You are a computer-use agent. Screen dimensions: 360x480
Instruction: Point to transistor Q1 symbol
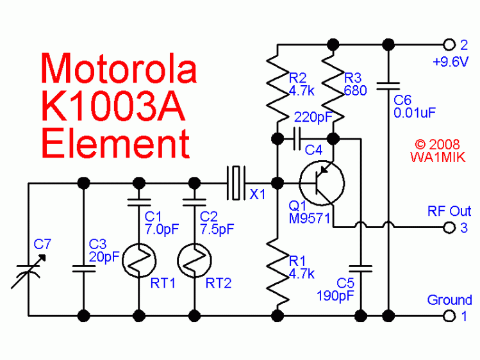point(322,183)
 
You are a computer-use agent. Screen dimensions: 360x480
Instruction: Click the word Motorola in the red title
point(119,69)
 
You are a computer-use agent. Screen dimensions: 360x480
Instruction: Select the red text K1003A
point(113,107)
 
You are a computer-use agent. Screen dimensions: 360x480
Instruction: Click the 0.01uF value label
point(415,113)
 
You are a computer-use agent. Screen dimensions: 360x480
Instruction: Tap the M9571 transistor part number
point(309,218)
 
